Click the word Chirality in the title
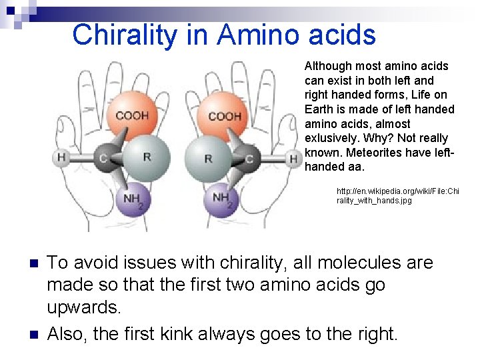[x=126, y=35]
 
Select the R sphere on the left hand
[x=147, y=157]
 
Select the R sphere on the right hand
[x=209, y=159]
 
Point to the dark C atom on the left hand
[x=104, y=157]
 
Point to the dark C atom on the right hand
[x=249, y=159]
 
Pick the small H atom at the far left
[x=61, y=157]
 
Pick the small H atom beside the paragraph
[x=293, y=159]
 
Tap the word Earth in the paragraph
[x=318, y=109]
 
